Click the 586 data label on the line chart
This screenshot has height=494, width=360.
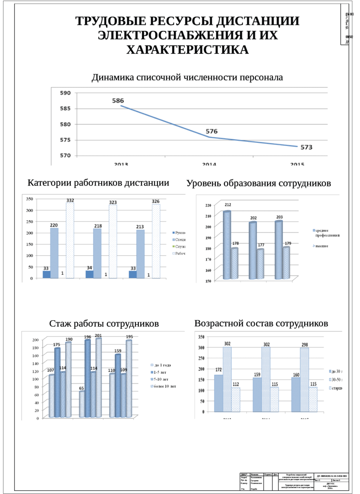tap(118, 101)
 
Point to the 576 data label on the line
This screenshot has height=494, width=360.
tap(211, 132)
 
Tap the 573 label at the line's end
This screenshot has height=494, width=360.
tap(306, 147)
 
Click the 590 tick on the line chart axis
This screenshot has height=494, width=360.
tap(65, 93)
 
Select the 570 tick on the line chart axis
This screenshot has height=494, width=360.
tap(65, 156)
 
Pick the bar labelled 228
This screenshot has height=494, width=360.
tap(54, 252)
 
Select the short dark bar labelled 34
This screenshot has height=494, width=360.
tap(90, 274)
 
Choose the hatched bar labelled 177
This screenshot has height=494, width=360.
tap(260, 264)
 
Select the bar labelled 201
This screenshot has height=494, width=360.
tap(98, 378)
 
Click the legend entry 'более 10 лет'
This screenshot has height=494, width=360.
tap(164, 387)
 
